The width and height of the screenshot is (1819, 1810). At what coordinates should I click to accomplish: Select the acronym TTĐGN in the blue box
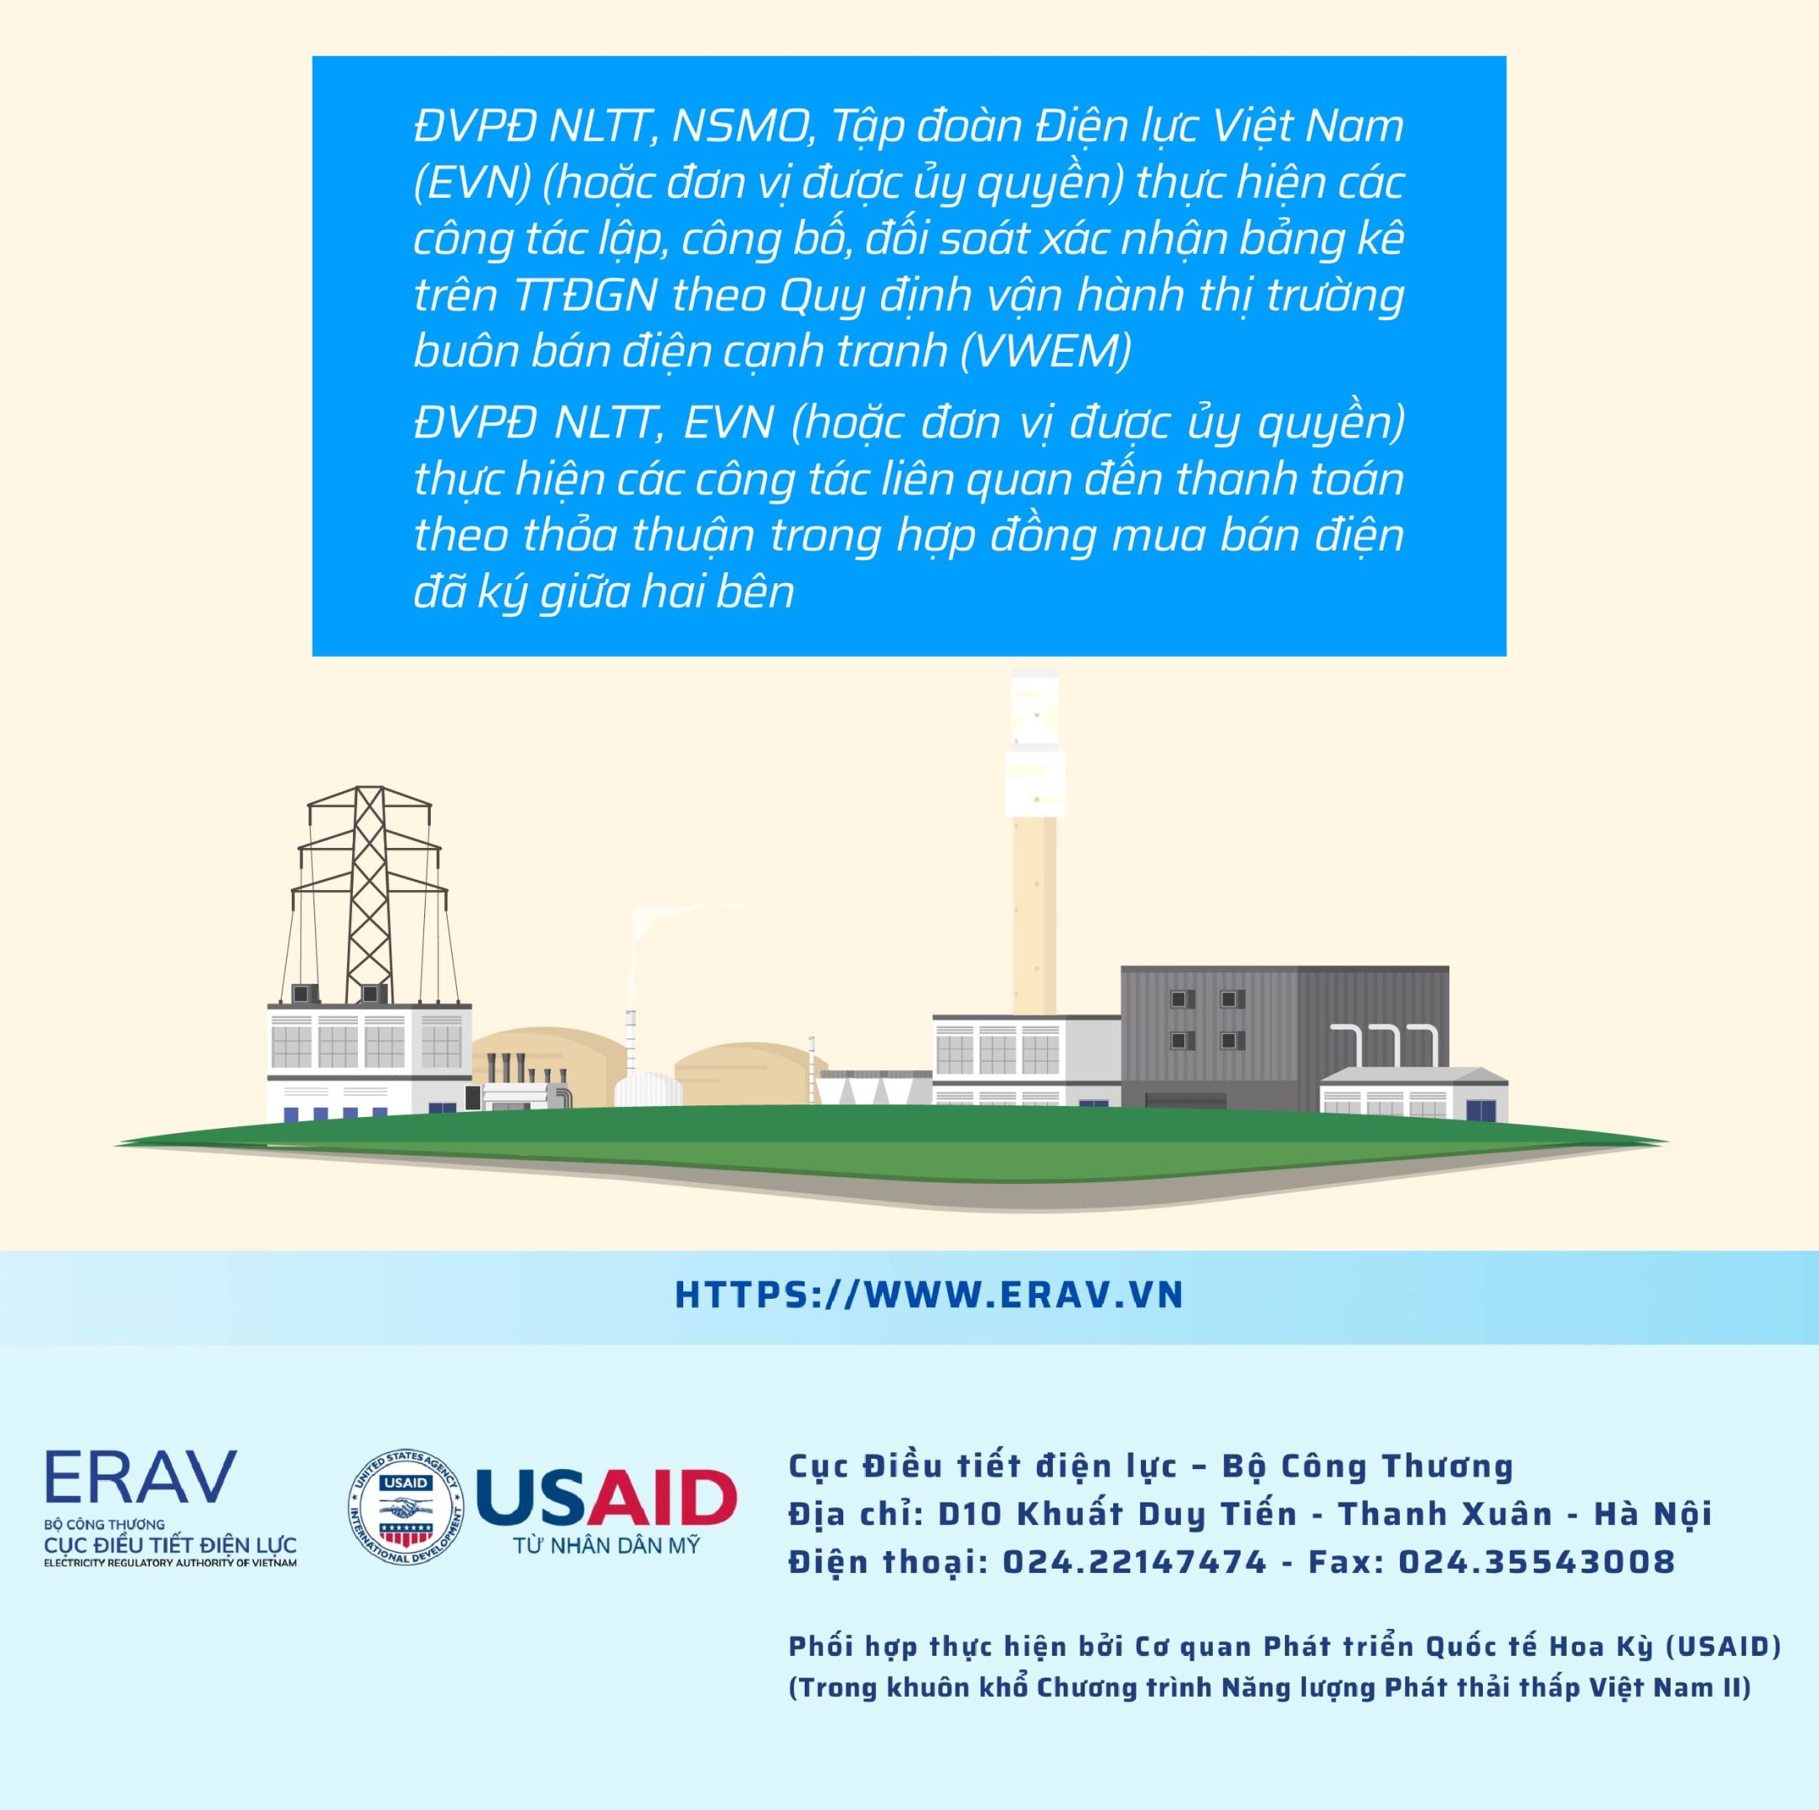coord(586,295)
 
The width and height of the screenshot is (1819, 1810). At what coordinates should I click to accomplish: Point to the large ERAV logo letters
coord(140,1476)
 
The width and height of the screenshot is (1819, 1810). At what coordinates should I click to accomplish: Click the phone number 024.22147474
coord(1134,1561)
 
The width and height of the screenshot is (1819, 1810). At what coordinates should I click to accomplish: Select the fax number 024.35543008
coord(1537,1561)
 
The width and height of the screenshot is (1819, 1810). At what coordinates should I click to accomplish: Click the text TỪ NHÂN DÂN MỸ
coord(606,1545)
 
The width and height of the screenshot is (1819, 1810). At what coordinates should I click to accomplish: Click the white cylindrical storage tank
coord(645,1087)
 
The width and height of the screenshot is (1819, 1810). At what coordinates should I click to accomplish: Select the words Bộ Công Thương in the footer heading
coord(1367,1466)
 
